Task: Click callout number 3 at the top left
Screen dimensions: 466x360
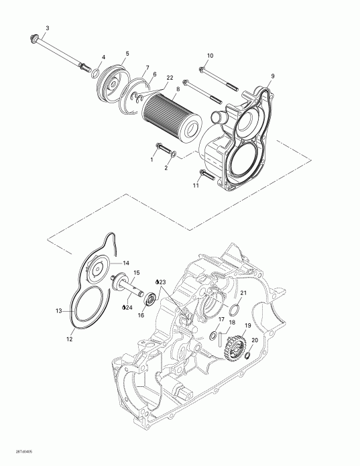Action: (x=46, y=27)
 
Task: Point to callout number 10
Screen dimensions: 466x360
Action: (x=210, y=55)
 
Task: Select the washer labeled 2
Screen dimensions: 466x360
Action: (x=174, y=156)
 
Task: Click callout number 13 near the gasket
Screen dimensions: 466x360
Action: (x=58, y=311)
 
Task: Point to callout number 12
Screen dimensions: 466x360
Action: (x=70, y=339)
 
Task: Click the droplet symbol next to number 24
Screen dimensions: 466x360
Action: (x=123, y=308)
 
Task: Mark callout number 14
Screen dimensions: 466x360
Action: (x=126, y=264)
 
